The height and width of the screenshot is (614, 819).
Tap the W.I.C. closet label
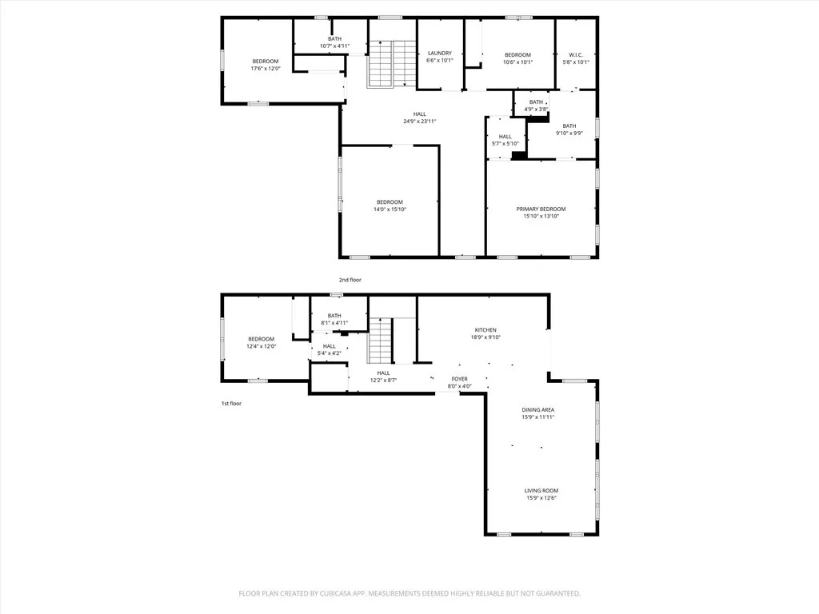pos(576,54)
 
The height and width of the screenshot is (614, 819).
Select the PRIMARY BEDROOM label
pos(541,209)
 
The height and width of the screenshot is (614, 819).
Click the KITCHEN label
pos(485,330)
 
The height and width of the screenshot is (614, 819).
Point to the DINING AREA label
pos(538,410)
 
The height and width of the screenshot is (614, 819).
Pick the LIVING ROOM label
pos(541,491)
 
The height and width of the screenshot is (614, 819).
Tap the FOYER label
pos(459,379)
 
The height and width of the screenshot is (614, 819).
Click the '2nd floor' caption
pos(350,280)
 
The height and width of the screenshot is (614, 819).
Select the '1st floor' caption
pos(231,404)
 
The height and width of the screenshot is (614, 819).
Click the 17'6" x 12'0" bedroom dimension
pos(266,69)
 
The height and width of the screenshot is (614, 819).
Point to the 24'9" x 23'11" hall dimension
pos(420,122)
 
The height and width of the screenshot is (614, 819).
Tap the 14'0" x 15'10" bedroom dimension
pos(390,209)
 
